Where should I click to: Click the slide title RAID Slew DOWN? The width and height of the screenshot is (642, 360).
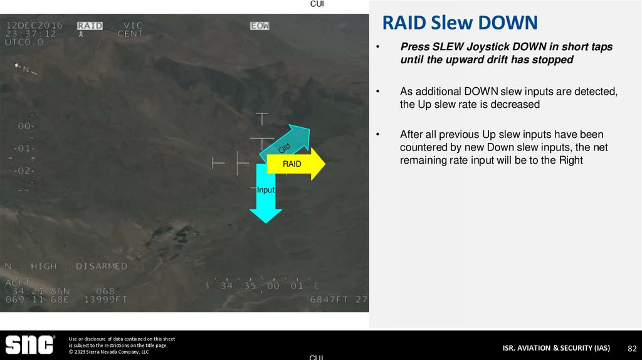pyautogui.click(x=460, y=23)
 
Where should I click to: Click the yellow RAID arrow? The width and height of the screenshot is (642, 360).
pyautogui.click(x=295, y=164)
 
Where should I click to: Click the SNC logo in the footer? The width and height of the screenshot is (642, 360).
pyautogui.click(x=29, y=344)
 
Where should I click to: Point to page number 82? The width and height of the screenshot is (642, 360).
pyautogui.click(x=632, y=348)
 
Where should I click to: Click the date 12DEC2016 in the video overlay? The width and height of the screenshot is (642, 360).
pyautogui.click(x=34, y=26)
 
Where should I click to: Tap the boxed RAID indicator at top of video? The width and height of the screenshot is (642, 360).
pyautogui.click(x=90, y=26)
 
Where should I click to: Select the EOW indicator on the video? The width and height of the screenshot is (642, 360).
pyautogui.click(x=260, y=26)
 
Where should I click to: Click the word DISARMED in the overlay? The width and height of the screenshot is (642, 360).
pyautogui.click(x=102, y=267)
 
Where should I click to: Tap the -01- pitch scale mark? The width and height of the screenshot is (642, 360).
pyautogui.click(x=24, y=149)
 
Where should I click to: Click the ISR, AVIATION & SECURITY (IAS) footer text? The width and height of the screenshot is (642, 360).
pyautogui.click(x=555, y=348)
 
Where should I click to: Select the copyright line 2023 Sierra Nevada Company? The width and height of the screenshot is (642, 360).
pyautogui.click(x=109, y=352)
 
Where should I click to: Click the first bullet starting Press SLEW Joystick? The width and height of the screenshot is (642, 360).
pyautogui.click(x=506, y=53)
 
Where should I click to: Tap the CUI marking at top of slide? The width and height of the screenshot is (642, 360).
pyautogui.click(x=317, y=4)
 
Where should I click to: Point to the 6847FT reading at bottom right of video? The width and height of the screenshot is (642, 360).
pyautogui.click(x=330, y=300)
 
